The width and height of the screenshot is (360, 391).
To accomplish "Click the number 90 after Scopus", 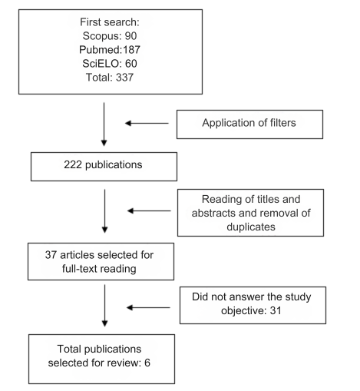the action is [130, 36].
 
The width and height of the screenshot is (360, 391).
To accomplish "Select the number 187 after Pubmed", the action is [131, 50].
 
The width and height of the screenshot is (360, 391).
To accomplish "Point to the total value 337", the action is [124, 78].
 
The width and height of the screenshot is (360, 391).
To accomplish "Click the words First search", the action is [110, 22].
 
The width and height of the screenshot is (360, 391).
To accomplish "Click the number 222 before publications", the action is [73, 164].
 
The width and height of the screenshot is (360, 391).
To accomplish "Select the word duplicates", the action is [251, 227].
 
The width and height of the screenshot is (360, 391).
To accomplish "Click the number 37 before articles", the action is [51, 255].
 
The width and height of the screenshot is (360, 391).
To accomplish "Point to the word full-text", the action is [79, 269].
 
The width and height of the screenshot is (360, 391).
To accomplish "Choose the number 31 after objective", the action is [276, 310].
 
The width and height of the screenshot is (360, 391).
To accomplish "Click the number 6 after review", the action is [147, 363].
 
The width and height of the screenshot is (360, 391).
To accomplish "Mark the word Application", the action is [229, 123].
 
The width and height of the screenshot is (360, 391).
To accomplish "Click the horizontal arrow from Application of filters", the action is [147, 123].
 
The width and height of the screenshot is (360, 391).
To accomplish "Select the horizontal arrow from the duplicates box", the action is [149, 210].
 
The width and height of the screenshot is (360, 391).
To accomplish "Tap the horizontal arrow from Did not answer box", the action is [148, 307].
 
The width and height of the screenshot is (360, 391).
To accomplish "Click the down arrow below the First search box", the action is [104, 124].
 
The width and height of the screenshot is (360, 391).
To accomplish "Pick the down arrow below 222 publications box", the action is [104, 211].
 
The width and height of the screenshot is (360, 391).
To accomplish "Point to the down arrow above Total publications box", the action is [104, 306].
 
